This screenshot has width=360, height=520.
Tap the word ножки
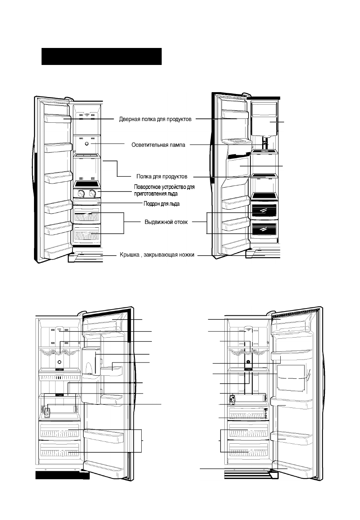tap(187, 255)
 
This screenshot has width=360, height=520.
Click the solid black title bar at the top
tap(102, 56)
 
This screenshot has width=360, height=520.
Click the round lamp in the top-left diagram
tap(87, 144)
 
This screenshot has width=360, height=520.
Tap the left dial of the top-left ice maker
tap(81, 193)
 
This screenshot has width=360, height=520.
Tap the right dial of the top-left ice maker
tap(93, 193)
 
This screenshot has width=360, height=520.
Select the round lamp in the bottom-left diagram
tap(59, 362)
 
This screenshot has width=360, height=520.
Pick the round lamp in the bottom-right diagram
tap(248, 362)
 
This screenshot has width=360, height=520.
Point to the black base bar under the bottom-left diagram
tap(62, 475)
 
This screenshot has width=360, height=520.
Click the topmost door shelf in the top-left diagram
tap(57, 118)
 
